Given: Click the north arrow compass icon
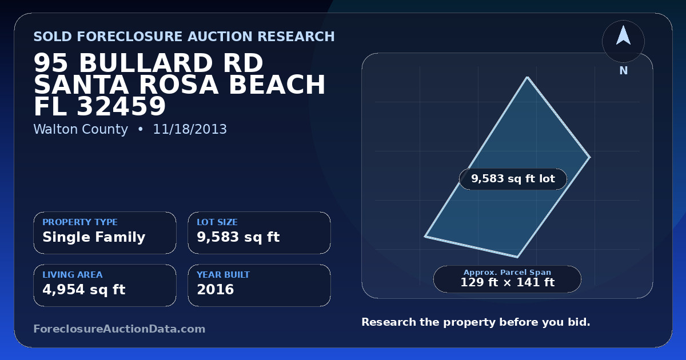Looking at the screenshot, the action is (623, 41).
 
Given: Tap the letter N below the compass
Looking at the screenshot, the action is (624, 71).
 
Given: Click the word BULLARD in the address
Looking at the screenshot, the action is (171, 63).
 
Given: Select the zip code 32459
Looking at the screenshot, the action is (121, 106).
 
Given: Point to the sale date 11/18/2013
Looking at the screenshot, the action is (190, 129).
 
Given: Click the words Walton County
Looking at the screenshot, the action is (81, 129).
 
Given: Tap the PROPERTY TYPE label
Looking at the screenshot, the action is (80, 222).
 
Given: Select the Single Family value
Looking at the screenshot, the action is (94, 237).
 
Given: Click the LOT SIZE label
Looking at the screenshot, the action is (217, 222).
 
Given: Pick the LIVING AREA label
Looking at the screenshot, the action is (73, 275).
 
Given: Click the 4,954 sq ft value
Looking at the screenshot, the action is (84, 290).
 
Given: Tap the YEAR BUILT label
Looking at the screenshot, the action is (224, 275).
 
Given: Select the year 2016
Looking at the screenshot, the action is (216, 290).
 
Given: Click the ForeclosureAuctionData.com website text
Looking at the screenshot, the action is (119, 329).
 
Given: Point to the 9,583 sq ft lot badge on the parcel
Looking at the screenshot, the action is (513, 179).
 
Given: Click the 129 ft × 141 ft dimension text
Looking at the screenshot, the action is (508, 282).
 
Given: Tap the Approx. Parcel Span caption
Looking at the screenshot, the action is (508, 272).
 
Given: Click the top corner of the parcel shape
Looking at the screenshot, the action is (527, 77).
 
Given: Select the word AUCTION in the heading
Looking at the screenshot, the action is (220, 37).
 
